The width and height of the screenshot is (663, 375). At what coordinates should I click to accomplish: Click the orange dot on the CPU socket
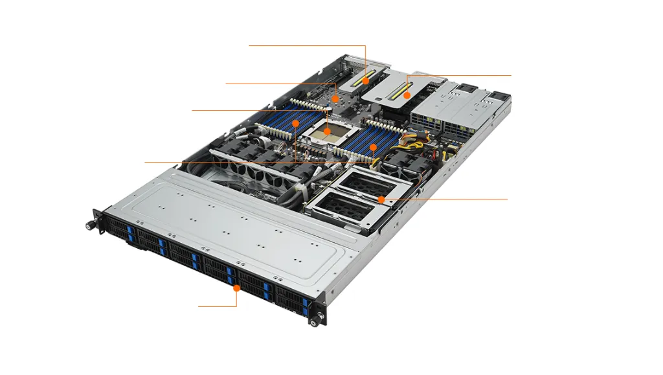[x=328, y=131]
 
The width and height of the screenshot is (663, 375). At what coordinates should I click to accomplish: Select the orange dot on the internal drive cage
[x=382, y=199]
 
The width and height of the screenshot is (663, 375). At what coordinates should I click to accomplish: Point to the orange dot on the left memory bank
[x=295, y=122]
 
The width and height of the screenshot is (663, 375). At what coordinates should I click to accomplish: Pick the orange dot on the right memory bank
[x=373, y=148]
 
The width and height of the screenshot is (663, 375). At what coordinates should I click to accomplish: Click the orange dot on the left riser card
[x=366, y=82]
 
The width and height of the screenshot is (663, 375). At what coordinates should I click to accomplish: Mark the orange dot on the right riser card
[x=407, y=95]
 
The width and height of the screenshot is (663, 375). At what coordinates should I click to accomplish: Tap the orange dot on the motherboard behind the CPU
[x=335, y=98]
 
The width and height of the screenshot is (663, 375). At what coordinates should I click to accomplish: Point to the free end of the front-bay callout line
[x=198, y=306]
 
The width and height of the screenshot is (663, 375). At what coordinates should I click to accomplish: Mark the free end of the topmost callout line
[x=249, y=45]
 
